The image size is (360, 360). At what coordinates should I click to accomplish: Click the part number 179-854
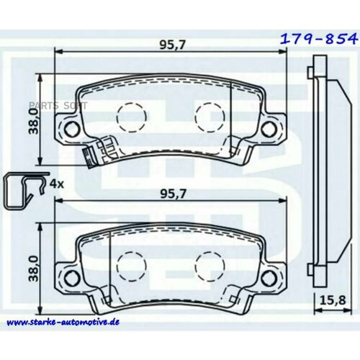(x=319, y=39)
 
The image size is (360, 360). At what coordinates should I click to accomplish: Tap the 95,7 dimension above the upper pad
(x=173, y=45)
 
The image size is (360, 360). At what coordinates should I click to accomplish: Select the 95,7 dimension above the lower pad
(x=173, y=194)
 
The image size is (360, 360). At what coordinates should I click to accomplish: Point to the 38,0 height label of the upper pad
(x=33, y=121)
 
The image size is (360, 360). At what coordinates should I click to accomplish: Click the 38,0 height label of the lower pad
(x=33, y=269)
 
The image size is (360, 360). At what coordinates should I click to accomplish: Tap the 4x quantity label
(x=57, y=184)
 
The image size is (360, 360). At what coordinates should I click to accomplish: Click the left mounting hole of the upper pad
(x=72, y=129)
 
